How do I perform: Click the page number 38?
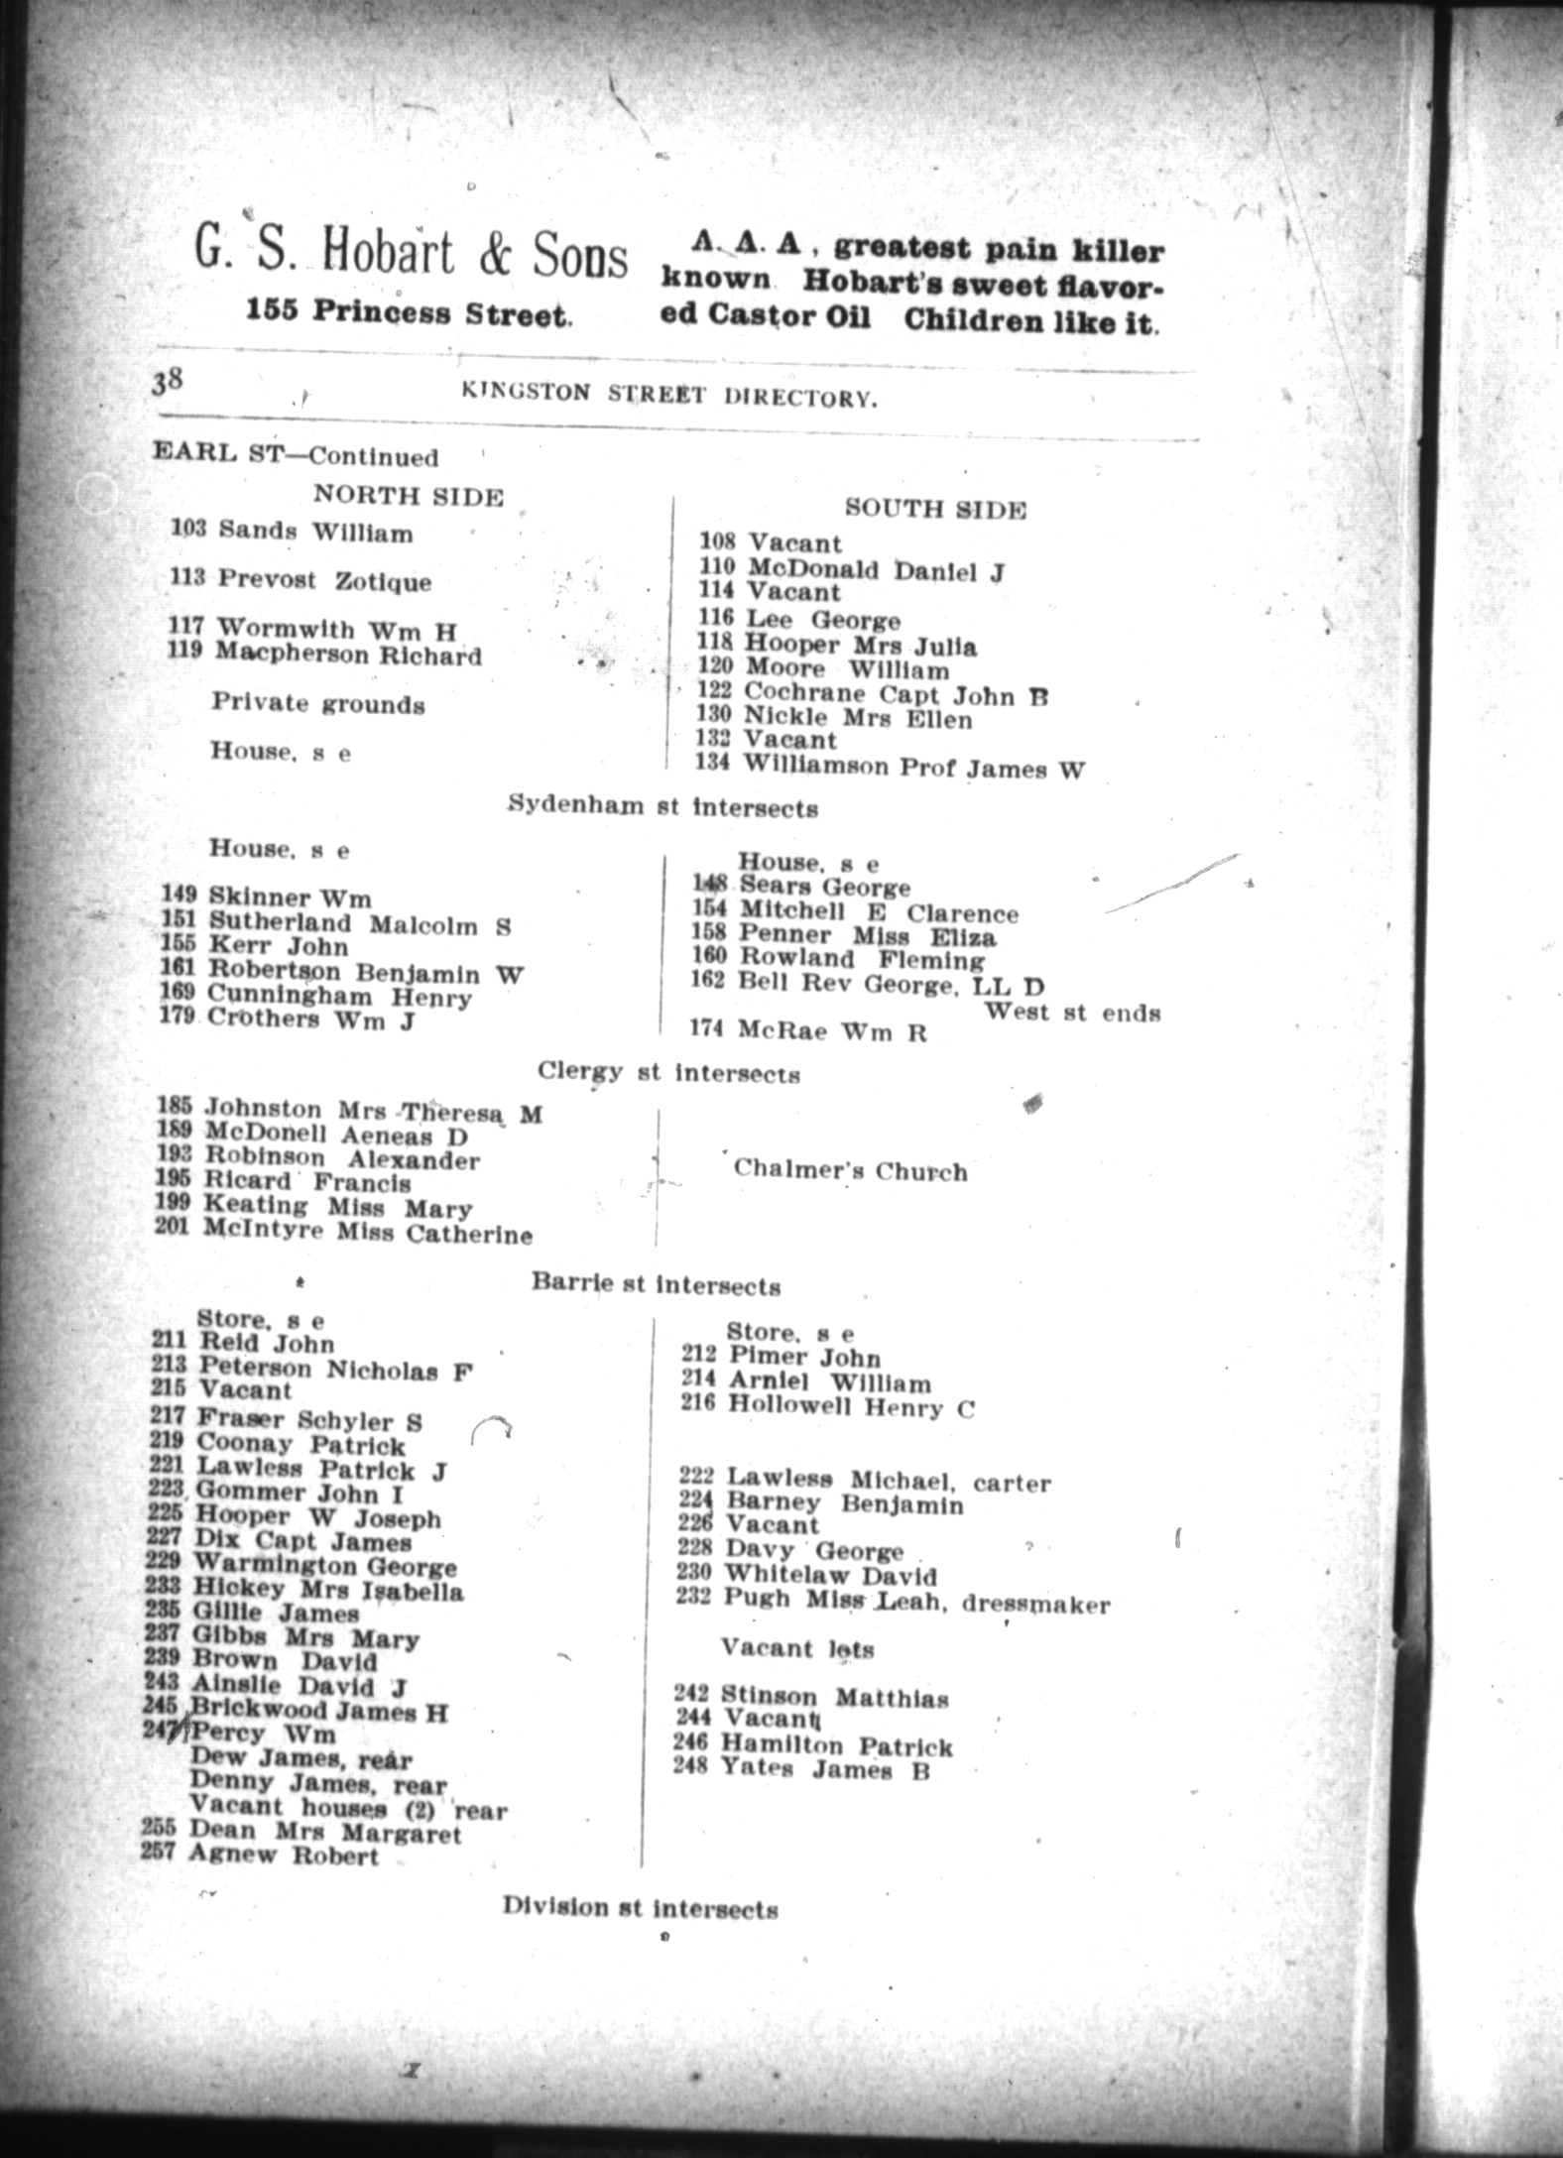166,383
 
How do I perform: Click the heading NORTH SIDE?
409,496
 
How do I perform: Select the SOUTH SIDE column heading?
934,509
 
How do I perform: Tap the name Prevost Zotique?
324,580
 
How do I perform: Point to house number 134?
715,764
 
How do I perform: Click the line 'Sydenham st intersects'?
662,807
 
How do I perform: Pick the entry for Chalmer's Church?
850,1170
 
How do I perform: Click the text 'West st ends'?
1071,1014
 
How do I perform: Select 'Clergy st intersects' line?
668,1073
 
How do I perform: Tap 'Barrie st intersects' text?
656,1285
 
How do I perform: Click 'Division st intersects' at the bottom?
640,1907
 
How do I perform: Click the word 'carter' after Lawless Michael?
1011,1484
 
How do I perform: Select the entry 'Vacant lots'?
797,1648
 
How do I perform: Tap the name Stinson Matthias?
834,1697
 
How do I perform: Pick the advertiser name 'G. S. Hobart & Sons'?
411,255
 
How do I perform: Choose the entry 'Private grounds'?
317,704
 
